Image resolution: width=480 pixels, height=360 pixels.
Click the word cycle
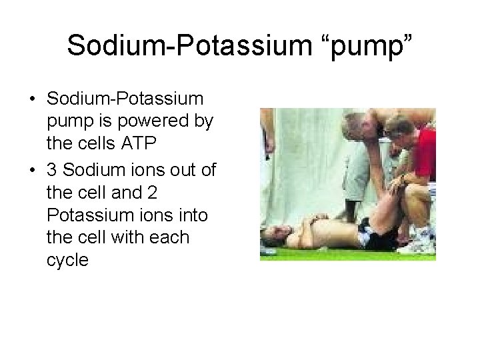pos(68,259)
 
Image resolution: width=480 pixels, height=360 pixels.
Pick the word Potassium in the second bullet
pos(89,215)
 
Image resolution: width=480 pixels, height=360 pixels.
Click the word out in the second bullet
pos(179,171)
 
